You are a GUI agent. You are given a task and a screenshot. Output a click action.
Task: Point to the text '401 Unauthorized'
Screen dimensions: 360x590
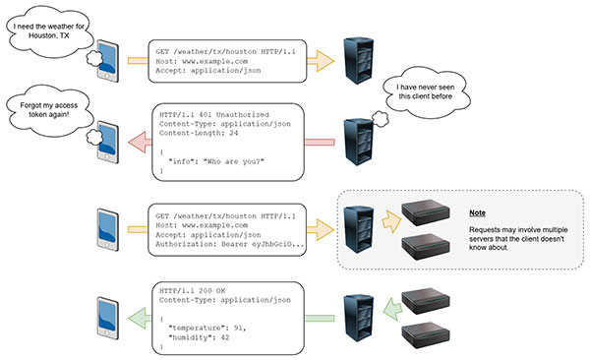click(x=218, y=116)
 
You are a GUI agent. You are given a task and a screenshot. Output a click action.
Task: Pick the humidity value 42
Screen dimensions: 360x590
click(x=225, y=336)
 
